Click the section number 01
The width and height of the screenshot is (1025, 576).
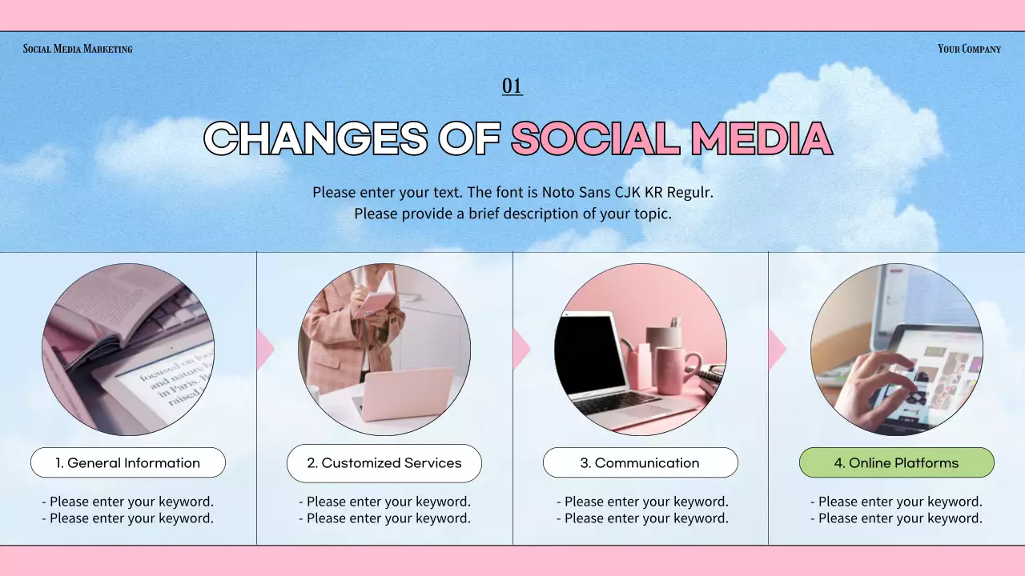point(512,86)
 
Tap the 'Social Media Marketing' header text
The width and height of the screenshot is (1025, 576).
point(78,49)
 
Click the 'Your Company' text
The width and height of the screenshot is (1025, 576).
point(969,49)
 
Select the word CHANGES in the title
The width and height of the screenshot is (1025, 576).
point(316,139)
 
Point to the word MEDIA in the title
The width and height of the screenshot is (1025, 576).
point(762,139)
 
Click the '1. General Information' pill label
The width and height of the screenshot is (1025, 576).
point(128,462)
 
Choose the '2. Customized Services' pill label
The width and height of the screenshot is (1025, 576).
point(384,463)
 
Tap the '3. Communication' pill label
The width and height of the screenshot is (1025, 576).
point(641,462)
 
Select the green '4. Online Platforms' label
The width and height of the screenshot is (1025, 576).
point(897,462)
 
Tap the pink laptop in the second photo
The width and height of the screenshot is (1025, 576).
point(404,392)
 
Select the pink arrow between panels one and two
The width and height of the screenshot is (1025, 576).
point(265,350)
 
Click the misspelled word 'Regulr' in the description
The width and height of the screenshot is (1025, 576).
point(689,193)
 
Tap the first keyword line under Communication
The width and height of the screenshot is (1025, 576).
point(642,502)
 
